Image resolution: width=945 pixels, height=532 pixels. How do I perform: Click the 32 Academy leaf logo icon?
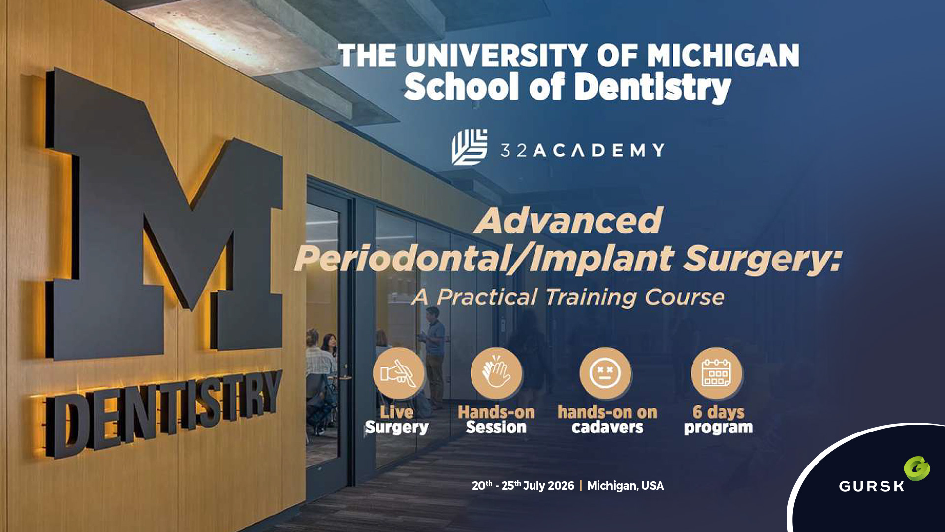pos(470,147)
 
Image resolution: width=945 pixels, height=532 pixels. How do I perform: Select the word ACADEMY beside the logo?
pos(598,150)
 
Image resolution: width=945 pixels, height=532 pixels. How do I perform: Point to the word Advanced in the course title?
pos(569,221)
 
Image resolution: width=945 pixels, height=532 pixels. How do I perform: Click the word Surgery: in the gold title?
pos(762,259)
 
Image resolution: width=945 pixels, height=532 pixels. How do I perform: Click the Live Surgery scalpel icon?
pos(398,373)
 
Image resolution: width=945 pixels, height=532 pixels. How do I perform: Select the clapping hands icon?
pos(496,373)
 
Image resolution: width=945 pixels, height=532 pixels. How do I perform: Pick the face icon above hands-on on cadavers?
pos(605,373)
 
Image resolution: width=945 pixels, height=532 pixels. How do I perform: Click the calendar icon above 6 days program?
pos(716,373)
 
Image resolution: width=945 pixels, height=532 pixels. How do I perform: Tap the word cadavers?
pos(607,428)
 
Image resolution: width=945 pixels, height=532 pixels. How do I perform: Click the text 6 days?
pos(718,412)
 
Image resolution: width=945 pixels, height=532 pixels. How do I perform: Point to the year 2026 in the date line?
pos(561,486)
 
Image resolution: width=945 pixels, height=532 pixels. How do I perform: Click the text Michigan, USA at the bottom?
pos(626,486)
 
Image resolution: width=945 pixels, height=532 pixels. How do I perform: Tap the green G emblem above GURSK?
pos(916,468)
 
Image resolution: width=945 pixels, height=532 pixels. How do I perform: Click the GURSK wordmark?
pos(871,487)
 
